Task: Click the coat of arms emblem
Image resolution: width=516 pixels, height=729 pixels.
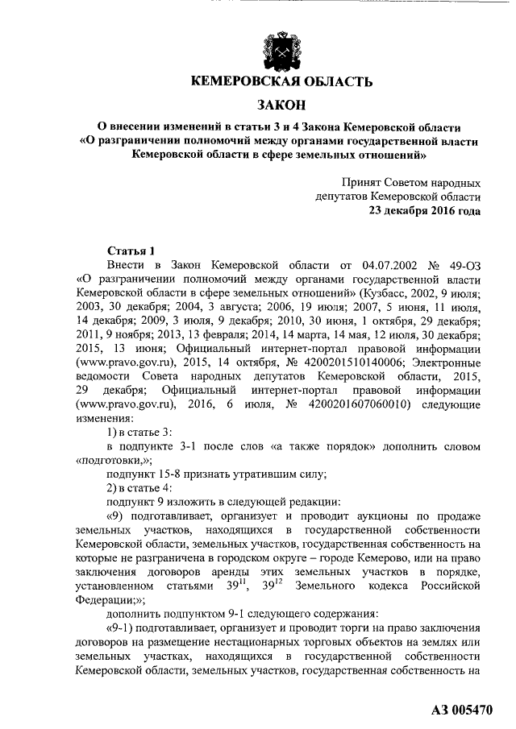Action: click(281, 50)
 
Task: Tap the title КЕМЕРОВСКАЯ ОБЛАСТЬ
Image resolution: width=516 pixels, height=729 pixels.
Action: click(281, 82)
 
